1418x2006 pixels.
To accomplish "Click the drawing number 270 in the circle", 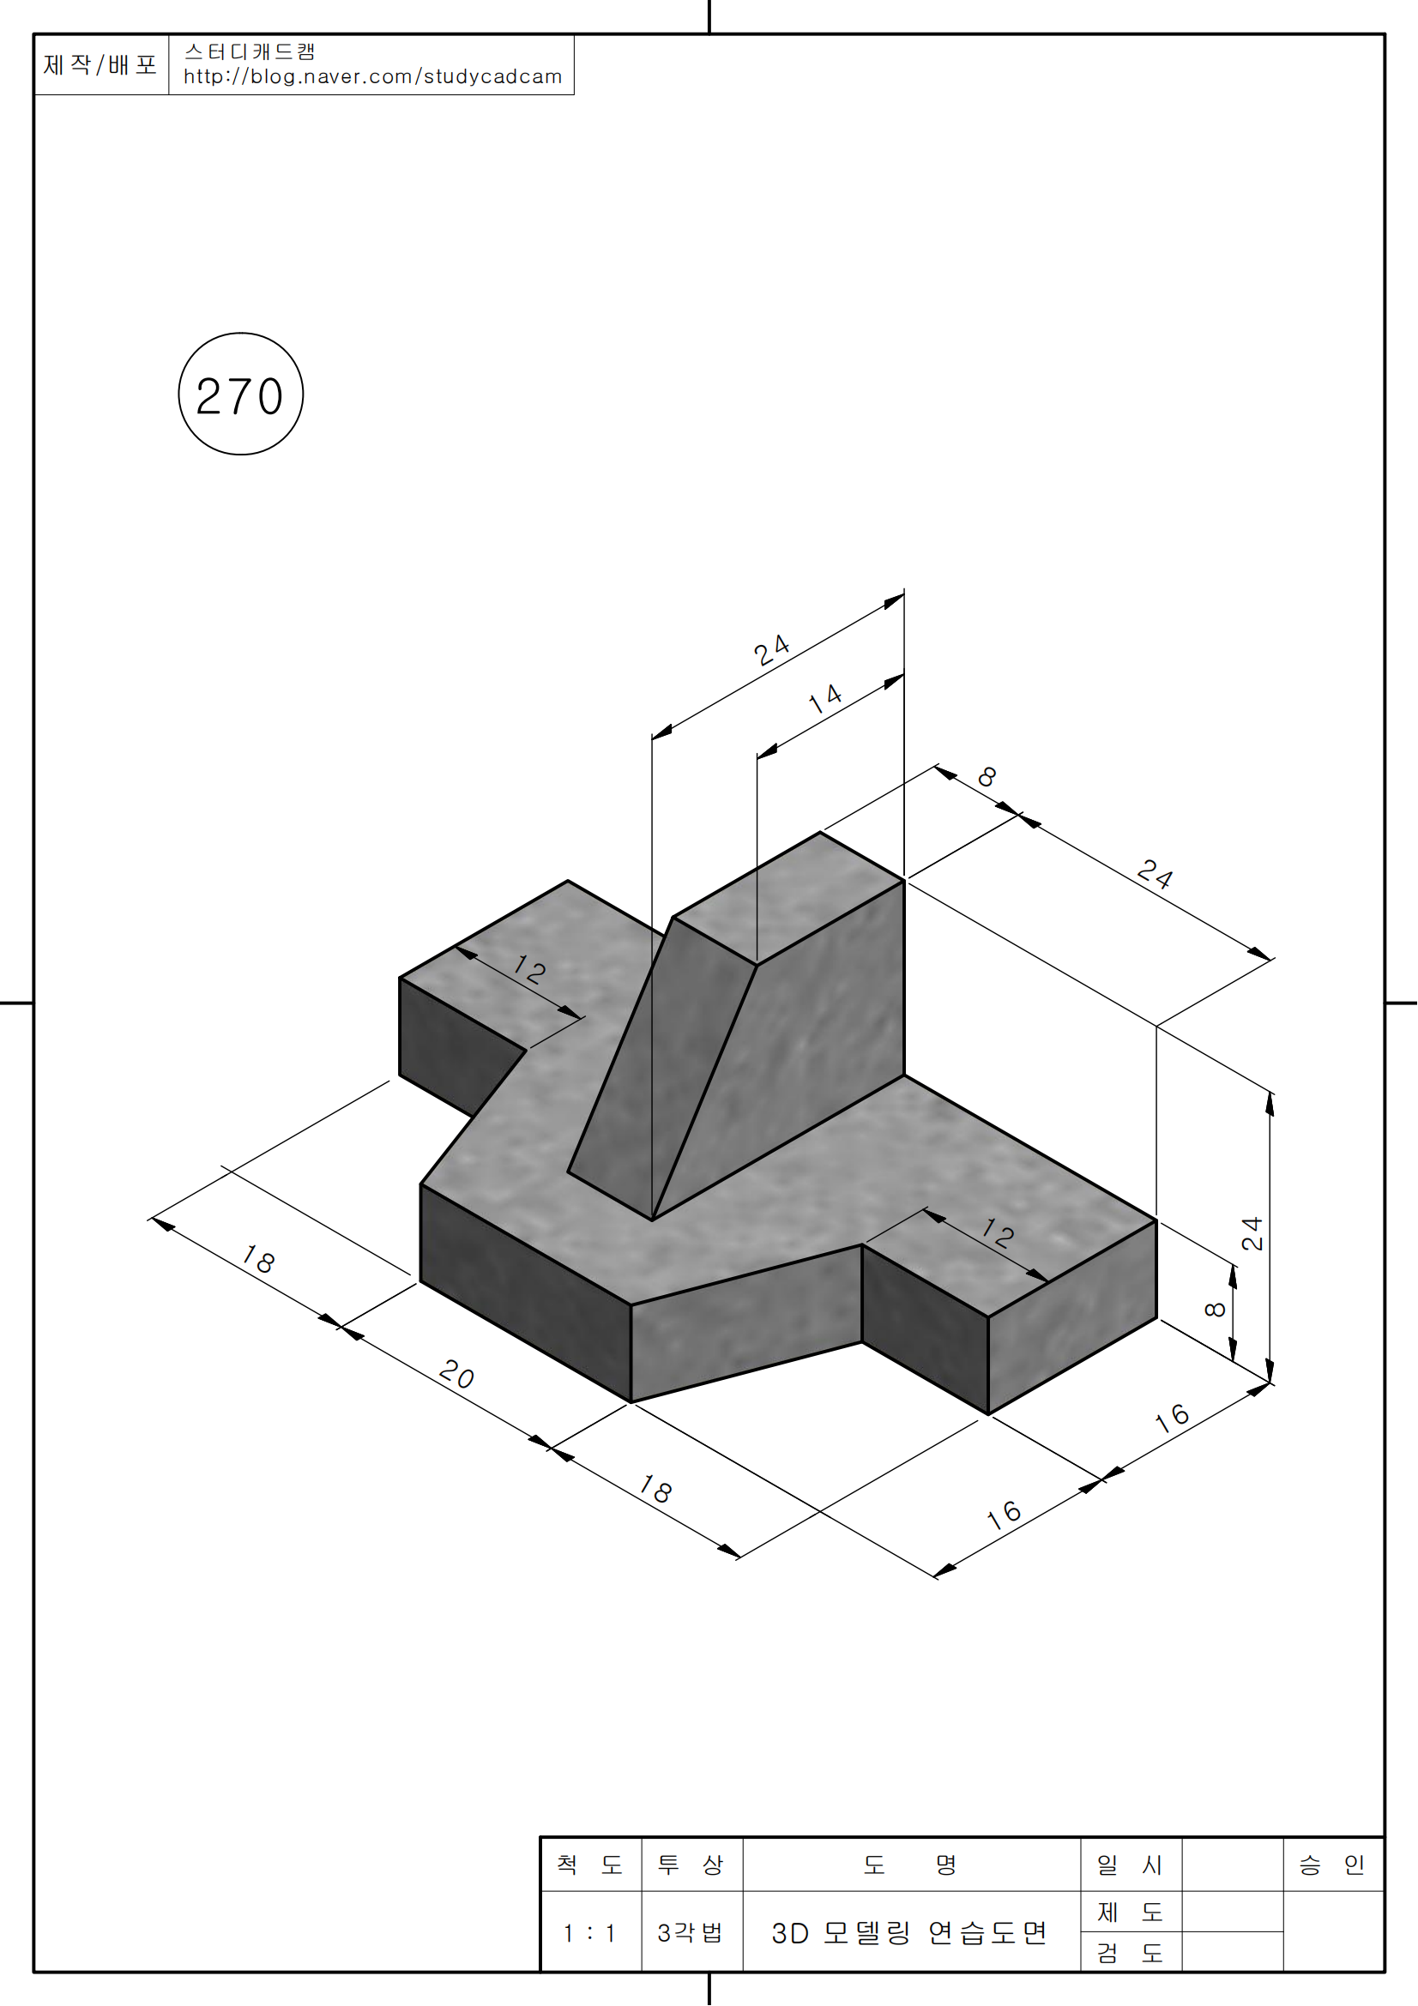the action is [x=240, y=395].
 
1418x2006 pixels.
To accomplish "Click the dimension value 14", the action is [x=824, y=698].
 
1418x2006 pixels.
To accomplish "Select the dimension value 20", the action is [x=456, y=1374].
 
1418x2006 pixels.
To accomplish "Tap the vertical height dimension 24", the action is [x=1252, y=1232].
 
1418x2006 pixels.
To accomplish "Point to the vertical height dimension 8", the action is [x=1216, y=1309].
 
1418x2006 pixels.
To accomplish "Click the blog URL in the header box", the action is [x=372, y=77].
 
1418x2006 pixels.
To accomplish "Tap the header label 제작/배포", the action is [x=100, y=64].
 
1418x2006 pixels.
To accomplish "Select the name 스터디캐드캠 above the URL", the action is [x=250, y=51].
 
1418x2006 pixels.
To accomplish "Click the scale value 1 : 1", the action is [x=589, y=1933].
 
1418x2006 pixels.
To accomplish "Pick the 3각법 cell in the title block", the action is [x=691, y=1932].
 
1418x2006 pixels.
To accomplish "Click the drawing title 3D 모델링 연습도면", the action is [x=908, y=1932].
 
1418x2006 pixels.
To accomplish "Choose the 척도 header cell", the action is [x=589, y=1864].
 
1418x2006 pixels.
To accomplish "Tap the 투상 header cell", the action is [x=691, y=1864].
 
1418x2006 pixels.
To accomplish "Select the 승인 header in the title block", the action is [x=1331, y=1864].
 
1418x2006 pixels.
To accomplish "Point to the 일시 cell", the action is [x=1130, y=1864].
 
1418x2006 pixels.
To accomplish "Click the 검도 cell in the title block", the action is [x=1130, y=1952].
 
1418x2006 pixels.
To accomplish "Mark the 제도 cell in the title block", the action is [x=1130, y=1912].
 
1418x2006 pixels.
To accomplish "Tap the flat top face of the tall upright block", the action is [x=788, y=898].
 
